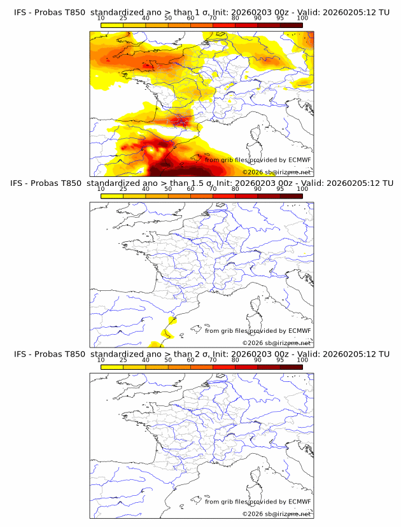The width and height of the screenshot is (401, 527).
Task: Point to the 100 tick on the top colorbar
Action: pyautogui.click(x=302, y=18)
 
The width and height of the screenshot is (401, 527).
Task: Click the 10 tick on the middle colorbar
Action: pyautogui.click(x=101, y=189)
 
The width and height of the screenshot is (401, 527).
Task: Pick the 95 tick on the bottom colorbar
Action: pyautogui.click(x=280, y=360)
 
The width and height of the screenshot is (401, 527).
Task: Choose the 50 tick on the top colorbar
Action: pyautogui.click(x=168, y=18)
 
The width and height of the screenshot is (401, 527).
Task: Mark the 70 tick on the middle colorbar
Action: pyautogui.click(x=213, y=189)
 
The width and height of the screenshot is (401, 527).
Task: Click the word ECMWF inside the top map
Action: pyautogui.click(x=299, y=160)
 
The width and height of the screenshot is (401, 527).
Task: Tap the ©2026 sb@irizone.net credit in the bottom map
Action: pyautogui.click(x=276, y=514)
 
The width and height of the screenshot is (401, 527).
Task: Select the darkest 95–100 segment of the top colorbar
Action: pyautogui.click(x=291, y=25)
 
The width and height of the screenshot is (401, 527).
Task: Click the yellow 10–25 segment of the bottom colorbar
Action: pyautogui.click(x=112, y=367)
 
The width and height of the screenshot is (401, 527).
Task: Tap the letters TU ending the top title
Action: pyautogui.click(x=384, y=12)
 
